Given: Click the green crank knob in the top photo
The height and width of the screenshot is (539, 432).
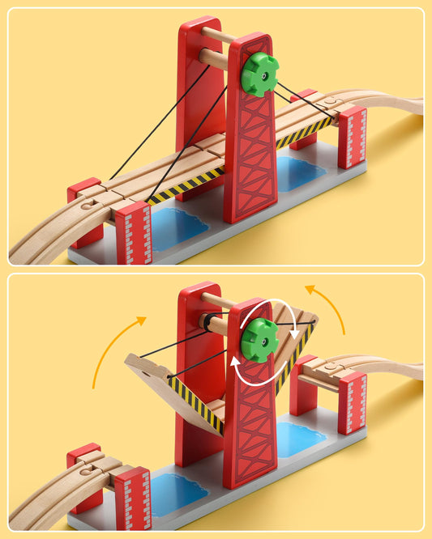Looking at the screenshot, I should tap(259, 74).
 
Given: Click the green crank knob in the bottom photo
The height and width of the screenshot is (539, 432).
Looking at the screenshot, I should tap(259, 339).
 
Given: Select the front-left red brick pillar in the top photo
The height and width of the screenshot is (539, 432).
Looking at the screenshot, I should tap(133, 234).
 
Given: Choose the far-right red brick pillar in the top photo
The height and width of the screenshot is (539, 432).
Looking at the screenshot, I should tap(353, 137).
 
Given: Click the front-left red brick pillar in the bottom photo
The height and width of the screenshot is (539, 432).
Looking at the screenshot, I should tap(133, 497).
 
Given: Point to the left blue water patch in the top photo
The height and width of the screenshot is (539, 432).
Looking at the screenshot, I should tap(178, 227).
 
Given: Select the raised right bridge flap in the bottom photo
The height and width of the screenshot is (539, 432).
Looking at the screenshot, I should tap(300, 340).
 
